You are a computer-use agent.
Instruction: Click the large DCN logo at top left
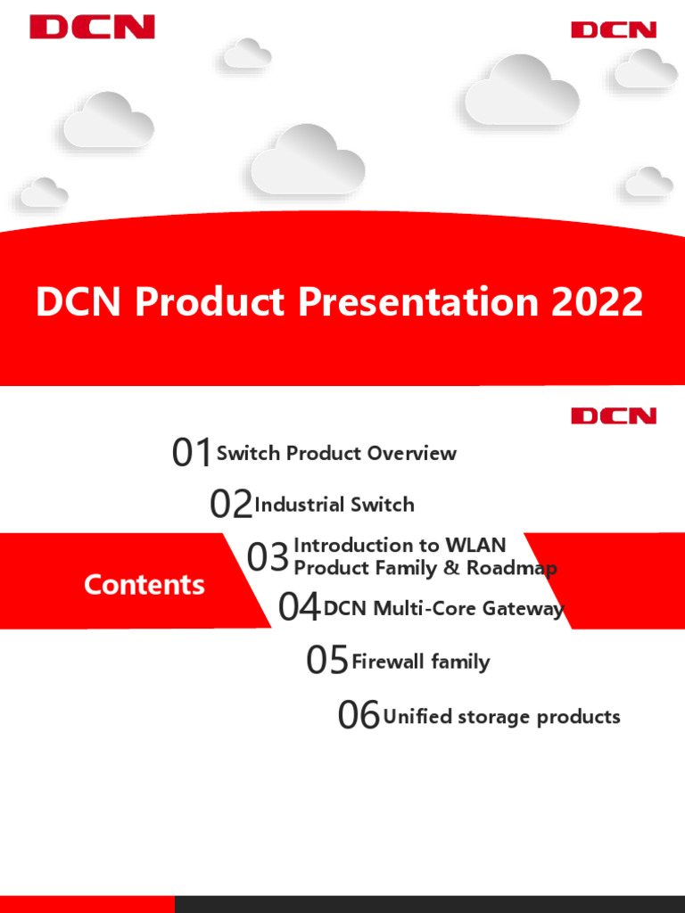tap(92, 27)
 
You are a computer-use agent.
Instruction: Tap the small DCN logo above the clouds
tap(614, 30)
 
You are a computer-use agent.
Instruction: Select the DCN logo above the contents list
tap(614, 415)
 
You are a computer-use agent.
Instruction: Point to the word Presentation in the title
tap(419, 302)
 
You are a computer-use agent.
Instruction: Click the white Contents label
tap(144, 585)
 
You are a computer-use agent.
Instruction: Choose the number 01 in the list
tap(192, 454)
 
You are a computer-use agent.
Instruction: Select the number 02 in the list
tap(230, 506)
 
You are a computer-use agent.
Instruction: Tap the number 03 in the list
tap(268, 558)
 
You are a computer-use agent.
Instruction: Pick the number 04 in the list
tap(299, 609)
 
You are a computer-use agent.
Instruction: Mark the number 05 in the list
tap(326, 662)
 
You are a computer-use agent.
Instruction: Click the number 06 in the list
tap(359, 716)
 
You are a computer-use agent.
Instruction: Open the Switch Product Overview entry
tap(336, 453)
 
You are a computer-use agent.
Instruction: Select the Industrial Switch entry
tap(334, 505)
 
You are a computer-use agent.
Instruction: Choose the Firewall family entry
tap(420, 662)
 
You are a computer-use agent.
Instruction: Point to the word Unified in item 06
tap(417, 717)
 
